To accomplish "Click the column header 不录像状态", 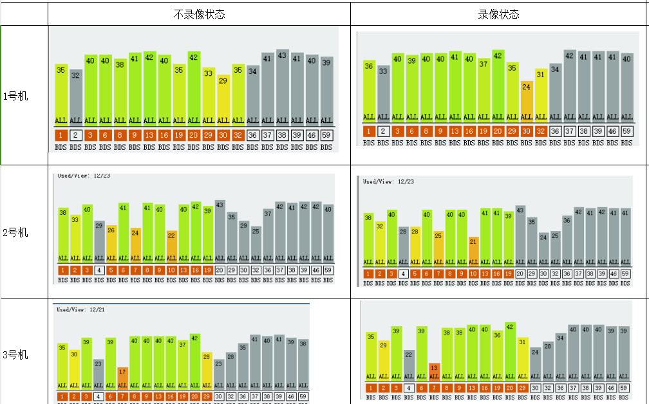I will pyautogui.click(x=199, y=14).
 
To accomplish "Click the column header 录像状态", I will pyautogui.click(x=498, y=14).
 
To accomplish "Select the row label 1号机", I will pyautogui.click(x=15, y=96).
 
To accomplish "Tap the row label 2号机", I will pyautogui.click(x=15, y=232).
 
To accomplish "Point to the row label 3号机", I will pyautogui.click(x=15, y=354).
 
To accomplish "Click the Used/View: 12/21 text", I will pyautogui.click(x=80, y=309).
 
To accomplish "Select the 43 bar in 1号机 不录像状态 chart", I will pyautogui.click(x=282, y=87).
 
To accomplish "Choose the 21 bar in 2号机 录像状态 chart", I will pyautogui.click(x=474, y=251).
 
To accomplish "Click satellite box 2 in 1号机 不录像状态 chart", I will pyautogui.click(x=75, y=135).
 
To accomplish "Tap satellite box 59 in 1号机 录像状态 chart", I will pyautogui.click(x=626, y=131).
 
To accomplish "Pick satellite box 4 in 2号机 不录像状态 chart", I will pyautogui.click(x=99, y=271).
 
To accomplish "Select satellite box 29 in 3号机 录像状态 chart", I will pyautogui.click(x=523, y=388).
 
